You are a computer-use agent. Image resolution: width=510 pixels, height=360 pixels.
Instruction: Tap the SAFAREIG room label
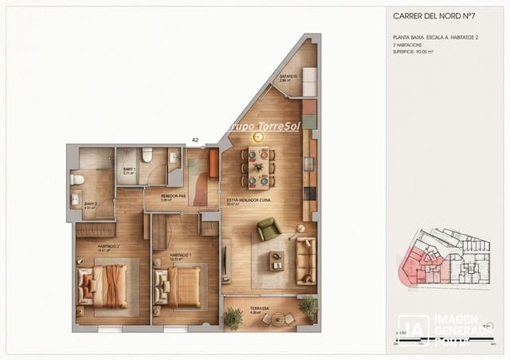(x=288, y=77)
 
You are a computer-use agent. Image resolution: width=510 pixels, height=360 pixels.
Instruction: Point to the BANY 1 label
(x=130, y=170)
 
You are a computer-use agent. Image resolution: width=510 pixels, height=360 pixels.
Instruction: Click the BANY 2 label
(x=90, y=204)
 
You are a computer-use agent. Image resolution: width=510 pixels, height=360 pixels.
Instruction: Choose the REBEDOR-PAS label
(x=173, y=197)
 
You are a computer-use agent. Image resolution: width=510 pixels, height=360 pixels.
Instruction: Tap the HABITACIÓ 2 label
(x=108, y=247)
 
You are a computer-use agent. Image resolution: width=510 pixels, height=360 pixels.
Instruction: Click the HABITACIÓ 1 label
(x=182, y=256)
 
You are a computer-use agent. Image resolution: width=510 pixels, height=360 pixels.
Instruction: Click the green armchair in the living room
(x=268, y=230)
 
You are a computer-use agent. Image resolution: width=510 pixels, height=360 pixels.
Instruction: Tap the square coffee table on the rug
(x=277, y=260)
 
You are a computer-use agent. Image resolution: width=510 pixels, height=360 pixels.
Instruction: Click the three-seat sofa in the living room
(x=305, y=260)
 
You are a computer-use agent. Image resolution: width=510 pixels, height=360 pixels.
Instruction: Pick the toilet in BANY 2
(x=76, y=179)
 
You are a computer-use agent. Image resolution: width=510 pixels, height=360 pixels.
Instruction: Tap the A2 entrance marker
(x=195, y=140)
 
